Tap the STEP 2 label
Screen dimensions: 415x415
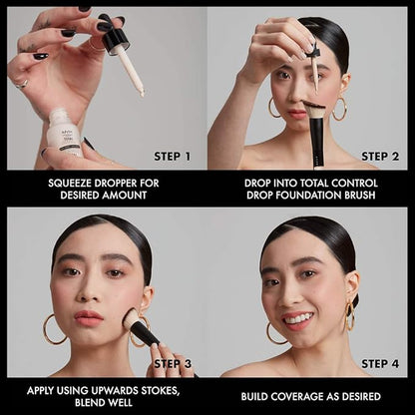[x=380, y=156]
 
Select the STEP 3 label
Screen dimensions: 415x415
[x=174, y=364]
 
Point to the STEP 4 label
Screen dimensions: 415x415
[x=380, y=364]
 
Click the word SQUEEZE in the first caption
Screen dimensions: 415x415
[x=71, y=184]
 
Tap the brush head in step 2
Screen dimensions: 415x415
[x=314, y=109]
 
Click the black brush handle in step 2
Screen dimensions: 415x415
[x=316, y=145]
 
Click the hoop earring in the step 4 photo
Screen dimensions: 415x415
[x=349, y=317]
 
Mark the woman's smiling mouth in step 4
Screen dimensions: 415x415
[x=296, y=320]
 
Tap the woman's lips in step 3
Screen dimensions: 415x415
[x=88, y=318]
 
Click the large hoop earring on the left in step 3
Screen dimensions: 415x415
[x=53, y=330]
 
